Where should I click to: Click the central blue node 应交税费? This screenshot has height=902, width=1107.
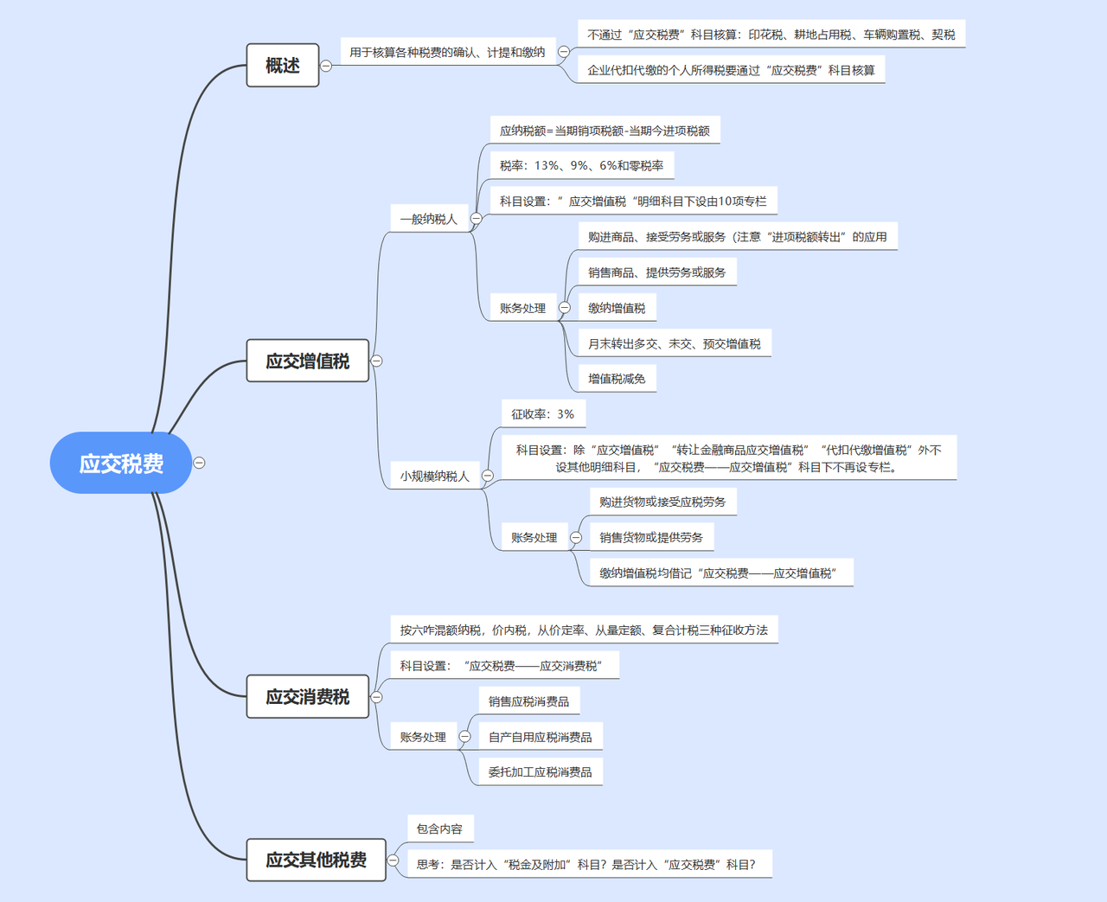pos(121,464)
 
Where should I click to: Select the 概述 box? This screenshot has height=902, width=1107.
pos(283,66)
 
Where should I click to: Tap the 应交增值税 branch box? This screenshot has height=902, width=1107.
pos(308,361)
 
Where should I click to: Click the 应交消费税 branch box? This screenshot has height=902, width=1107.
pos(308,696)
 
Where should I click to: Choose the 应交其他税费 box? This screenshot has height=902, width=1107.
pos(316,860)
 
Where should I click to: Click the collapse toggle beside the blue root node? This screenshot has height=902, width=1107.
pos(199,463)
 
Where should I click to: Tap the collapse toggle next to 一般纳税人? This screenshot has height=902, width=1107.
pos(476,219)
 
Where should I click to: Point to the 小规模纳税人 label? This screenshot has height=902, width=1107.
pos(434,476)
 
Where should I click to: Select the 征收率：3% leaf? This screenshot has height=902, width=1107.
pos(542,414)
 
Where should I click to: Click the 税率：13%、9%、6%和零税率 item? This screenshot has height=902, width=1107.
pos(581,165)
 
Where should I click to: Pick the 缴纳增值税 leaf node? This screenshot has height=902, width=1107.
pos(617,308)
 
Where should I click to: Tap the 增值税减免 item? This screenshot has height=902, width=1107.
pos(617,378)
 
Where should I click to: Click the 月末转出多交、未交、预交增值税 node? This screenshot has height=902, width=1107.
pos(674,343)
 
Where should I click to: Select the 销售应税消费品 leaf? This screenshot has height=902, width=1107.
pos(528,701)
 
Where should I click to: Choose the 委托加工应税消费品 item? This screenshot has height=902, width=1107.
pos(540,771)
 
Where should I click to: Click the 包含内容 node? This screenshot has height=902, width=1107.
pos(439,828)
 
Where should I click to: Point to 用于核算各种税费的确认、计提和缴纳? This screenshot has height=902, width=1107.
pos(447,52)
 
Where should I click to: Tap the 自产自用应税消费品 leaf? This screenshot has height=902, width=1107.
pos(540,737)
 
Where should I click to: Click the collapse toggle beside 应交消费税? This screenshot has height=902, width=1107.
pos(377,696)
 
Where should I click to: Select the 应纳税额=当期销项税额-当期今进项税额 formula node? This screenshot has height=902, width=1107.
pos(605,131)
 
